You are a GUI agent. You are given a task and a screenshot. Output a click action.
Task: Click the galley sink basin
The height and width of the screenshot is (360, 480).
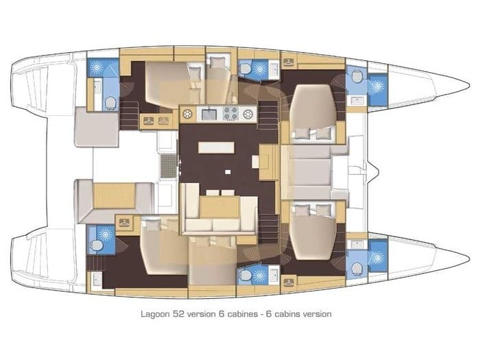[208, 114]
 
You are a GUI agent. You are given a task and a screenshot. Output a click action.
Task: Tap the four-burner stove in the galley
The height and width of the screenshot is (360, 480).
[229, 114]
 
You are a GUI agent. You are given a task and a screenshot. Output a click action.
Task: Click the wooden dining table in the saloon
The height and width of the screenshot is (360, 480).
[219, 205]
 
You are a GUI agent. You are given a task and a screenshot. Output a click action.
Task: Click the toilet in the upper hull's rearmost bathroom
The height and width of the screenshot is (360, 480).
[110, 103]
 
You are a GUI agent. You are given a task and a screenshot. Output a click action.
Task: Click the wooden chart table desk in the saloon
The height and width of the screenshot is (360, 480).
[269, 162]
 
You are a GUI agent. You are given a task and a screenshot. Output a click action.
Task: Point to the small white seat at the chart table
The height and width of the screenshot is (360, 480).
[255, 162]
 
